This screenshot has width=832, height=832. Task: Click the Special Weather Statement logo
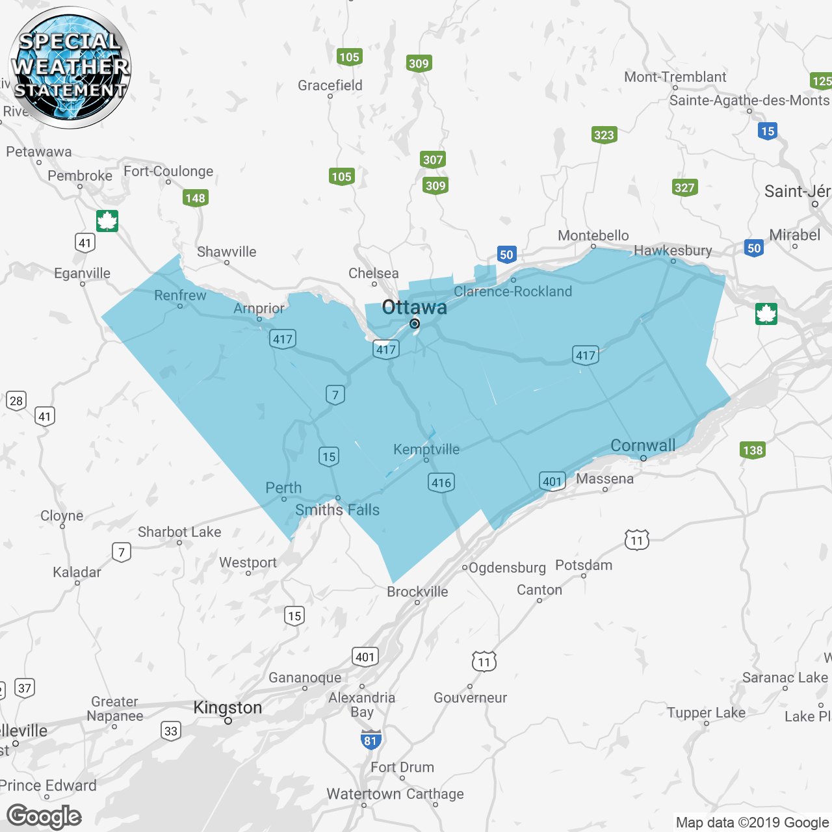pos(70,68)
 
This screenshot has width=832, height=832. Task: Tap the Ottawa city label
pos(414,307)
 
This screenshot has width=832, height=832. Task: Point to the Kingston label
pos(227,707)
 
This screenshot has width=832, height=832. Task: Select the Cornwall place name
pos(643,445)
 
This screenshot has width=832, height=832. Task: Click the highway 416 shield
pos(441,482)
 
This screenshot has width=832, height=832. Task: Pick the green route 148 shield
pos(195,198)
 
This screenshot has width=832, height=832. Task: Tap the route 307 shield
pos(433,159)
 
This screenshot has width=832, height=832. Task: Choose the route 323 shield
pos(604,135)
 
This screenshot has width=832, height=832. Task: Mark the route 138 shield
pos(753,450)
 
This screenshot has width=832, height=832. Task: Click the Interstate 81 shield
pos(370,740)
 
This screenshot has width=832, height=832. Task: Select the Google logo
pos(44,816)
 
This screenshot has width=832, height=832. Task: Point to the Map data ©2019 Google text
pos(753,822)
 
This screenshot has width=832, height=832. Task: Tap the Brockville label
pos(417,591)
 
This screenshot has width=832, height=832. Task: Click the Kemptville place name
pos(426,449)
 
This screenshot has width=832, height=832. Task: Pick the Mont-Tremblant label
pos(675,77)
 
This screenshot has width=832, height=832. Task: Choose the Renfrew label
pos(180,295)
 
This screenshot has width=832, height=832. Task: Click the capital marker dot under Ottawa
pos(414,324)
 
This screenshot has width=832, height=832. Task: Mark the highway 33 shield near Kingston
pos(171,731)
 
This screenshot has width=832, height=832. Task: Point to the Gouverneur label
pos(470,697)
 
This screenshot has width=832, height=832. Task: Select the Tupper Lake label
pos(706,712)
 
